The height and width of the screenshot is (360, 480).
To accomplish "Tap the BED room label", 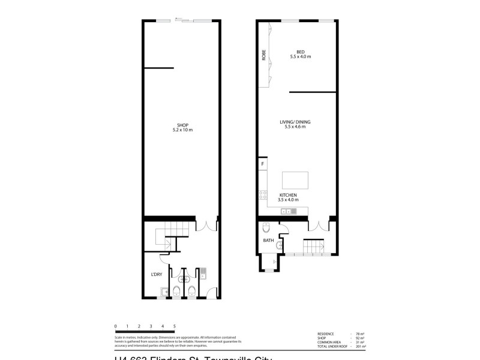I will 301,52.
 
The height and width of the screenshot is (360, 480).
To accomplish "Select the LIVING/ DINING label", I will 295,122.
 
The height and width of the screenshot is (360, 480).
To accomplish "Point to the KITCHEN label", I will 288,196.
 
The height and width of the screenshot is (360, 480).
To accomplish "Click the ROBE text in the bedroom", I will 263,55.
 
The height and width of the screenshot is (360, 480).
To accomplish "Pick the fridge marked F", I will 262,163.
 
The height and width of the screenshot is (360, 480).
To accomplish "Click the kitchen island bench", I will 295,181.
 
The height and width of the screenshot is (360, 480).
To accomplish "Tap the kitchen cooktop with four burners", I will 262,194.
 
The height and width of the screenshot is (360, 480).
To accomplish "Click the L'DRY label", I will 157,274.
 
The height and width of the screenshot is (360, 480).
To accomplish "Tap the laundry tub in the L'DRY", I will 164,292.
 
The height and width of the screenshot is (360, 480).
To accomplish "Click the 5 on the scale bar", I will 175,326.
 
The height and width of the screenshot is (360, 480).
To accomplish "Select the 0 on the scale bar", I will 115,326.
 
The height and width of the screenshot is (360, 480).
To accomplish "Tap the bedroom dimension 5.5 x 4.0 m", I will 301,57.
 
